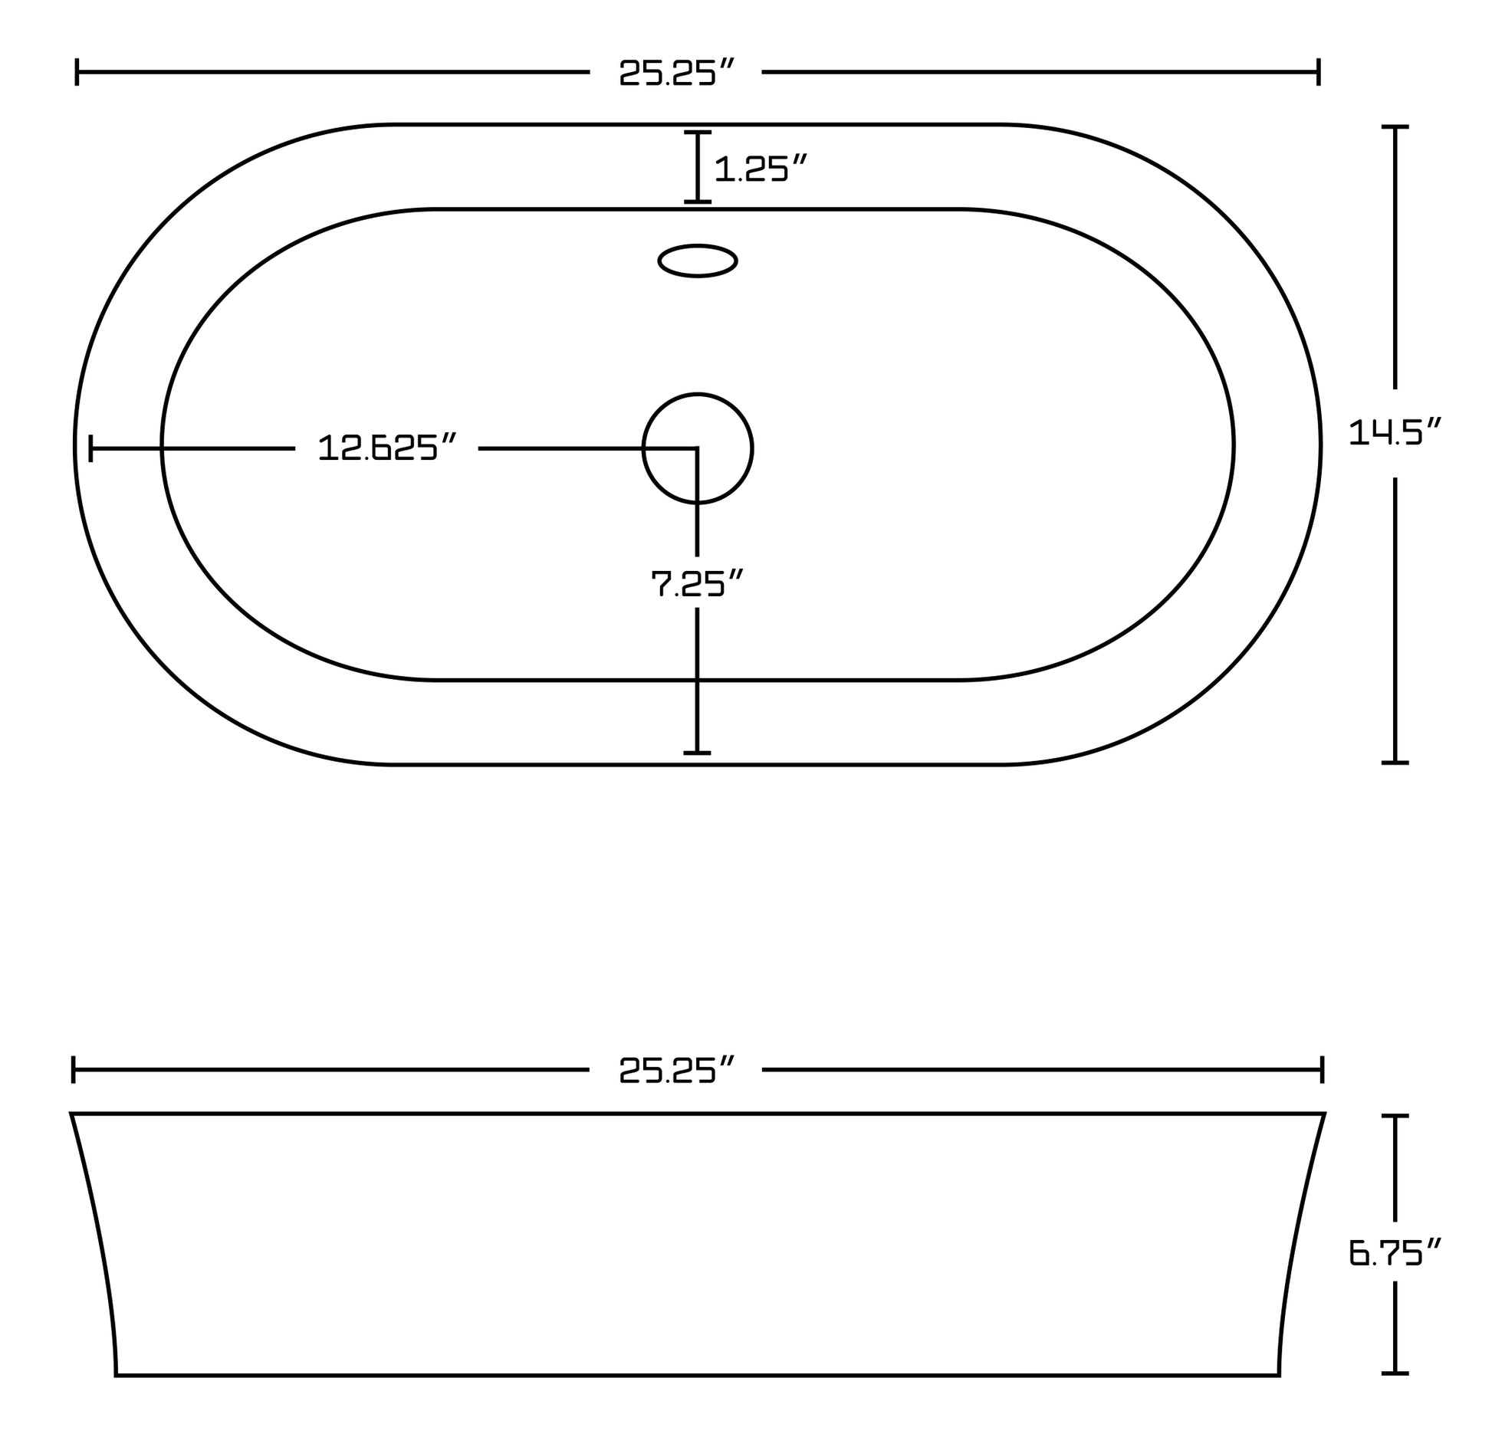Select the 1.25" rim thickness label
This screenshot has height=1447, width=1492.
761,168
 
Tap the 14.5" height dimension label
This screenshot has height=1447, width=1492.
1395,432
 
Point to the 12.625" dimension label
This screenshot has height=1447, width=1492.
387,448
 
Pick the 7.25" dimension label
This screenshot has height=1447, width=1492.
697,583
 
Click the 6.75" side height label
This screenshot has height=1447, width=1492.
1395,1252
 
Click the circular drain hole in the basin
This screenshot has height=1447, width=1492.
697,448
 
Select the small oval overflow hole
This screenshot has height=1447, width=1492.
697,261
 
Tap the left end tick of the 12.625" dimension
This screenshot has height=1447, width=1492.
90,448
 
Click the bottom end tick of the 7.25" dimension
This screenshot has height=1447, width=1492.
697,753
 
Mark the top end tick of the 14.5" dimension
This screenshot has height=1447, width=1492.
1395,126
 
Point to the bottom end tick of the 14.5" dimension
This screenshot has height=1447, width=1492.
1395,763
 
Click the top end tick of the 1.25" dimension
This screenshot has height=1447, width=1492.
697,133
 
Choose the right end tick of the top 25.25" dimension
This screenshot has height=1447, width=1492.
1319,72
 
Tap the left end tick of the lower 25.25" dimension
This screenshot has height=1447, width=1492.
74,1070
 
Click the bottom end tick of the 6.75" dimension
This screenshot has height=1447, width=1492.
1395,1373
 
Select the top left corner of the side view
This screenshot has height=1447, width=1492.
72,1114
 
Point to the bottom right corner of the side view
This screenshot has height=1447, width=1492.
1278,1375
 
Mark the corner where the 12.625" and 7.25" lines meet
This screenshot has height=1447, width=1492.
696,448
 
